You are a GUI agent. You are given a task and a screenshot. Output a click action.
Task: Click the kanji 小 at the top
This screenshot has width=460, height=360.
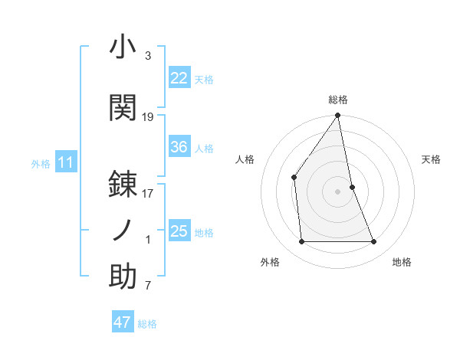[123, 47]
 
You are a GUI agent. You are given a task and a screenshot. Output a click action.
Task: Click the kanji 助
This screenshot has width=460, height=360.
[123, 277]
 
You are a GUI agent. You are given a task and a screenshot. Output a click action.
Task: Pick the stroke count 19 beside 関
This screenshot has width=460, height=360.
[148, 116]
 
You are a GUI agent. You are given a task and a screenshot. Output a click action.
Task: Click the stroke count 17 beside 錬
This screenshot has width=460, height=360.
[148, 194]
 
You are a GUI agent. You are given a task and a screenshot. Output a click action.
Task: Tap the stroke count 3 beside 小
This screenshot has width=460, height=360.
[148, 56]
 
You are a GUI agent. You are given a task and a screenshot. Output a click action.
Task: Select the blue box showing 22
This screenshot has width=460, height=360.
[179, 78]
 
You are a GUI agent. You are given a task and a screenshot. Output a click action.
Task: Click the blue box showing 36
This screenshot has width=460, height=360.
[179, 147]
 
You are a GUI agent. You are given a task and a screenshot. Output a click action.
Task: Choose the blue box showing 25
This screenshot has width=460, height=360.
[179, 231]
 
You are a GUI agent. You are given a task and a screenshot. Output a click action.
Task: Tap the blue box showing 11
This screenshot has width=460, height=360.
[65, 162]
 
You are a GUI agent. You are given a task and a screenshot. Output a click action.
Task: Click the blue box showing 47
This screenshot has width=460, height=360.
[123, 322]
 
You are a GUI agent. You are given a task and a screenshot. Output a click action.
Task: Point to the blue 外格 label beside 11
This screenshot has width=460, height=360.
[41, 164]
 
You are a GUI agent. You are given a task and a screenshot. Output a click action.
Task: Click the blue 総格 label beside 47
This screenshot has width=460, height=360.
[147, 324]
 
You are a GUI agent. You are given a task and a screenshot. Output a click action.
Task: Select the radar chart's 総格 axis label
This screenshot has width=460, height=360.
[338, 100]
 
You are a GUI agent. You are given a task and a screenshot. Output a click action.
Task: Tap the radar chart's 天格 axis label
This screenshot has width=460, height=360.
[431, 159]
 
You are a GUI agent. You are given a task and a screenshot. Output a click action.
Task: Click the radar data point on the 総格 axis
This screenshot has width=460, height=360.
[337, 116]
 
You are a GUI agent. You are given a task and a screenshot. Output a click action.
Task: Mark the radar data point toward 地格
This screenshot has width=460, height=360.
[374, 242]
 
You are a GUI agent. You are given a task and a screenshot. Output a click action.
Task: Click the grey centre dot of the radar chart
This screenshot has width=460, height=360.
[337, 191]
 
